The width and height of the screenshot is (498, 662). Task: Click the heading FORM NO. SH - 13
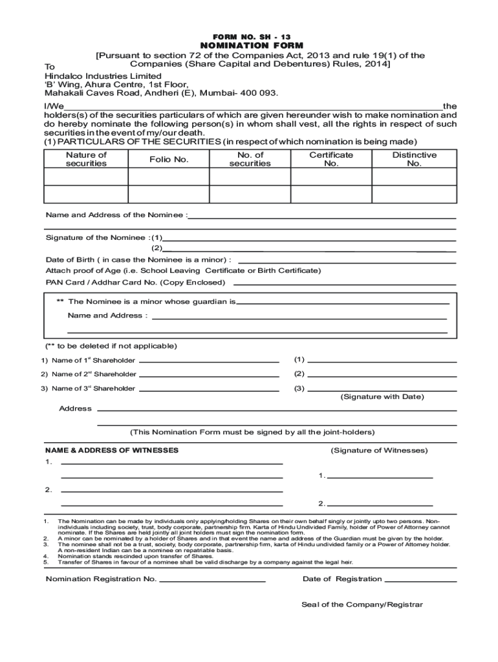pyautogui.click(x=248, y=36)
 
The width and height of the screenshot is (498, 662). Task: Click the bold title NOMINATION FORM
pyautogui.click(x=248, y=46)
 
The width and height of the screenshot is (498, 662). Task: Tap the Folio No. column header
pyautogui.click(x=169, y=159)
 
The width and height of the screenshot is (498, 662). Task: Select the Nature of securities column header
pyautogui.click(x=86, y=159)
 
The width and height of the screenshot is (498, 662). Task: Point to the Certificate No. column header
pyautogui.click(x=331, y=159)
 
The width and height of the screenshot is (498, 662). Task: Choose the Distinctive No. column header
pyautogui.click(x=414, y=159)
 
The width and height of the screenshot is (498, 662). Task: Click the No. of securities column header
pyautogui.click(x=250, y=159)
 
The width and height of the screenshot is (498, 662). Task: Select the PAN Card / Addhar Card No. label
pyautogui.click(x=135, y=283)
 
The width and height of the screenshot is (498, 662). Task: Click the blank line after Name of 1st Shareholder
pyautogui.click(x=209, y=361)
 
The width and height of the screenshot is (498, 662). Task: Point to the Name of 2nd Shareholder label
pyautogui.click(x=89, y=374)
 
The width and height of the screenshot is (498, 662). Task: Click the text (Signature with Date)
pyautogui.click(x=382, y=396)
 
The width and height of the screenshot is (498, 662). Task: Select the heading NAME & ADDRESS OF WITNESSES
pyautogui.click(x=112, y=450)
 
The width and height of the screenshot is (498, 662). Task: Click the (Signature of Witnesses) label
pyautogui.click(x=379, y=450)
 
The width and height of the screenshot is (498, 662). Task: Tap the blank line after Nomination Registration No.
pyautogui.click(x=212, y=581)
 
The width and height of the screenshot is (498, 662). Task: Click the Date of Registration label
pyautogui.click(x=342, y=579)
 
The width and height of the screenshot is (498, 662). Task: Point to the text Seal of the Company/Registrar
pyautogui.click(x=362, y=604)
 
